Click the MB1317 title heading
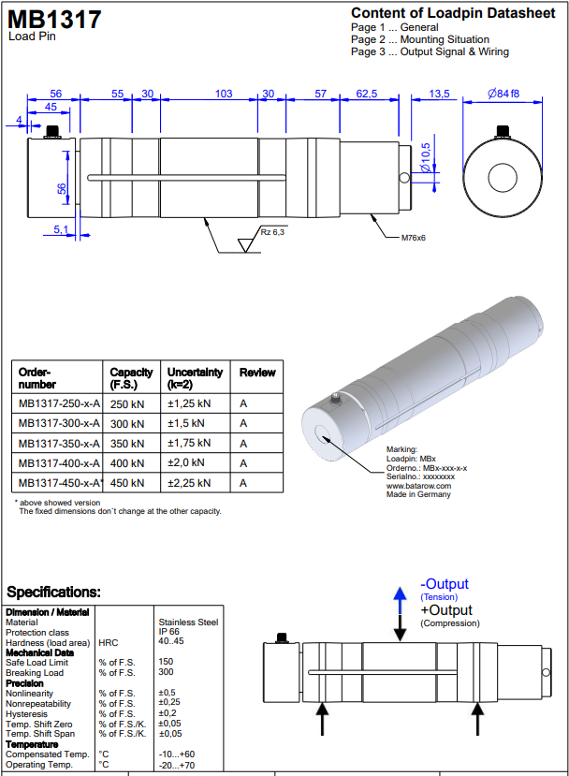(55, 20)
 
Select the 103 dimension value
(224, 94)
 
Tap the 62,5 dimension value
(367, 94)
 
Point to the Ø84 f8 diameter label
(503, 94)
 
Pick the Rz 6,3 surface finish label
(273, 230)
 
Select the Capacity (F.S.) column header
(131, 378)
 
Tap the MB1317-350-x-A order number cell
(59, 443)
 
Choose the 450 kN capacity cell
(127, 483)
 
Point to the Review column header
(257, 373)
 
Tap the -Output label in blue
(445, 584)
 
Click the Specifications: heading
(53, 593)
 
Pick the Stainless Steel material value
(188, 622)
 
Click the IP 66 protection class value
(168, 632)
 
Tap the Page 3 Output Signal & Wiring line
(430, 52)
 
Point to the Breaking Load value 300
(166, 672)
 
